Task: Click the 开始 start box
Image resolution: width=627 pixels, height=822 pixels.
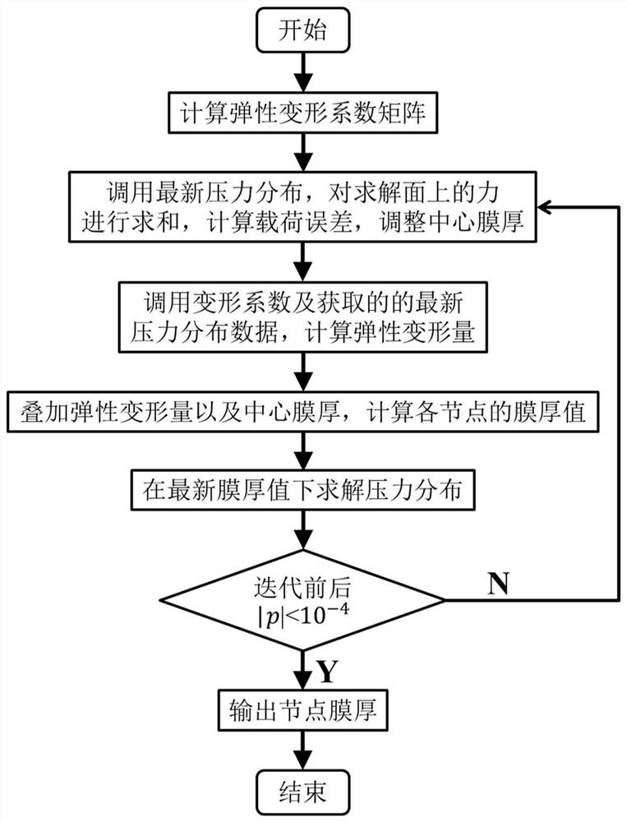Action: point(304,32)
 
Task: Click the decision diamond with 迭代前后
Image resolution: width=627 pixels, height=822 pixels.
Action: point(303,601)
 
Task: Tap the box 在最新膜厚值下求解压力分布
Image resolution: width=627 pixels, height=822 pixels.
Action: point(303,490)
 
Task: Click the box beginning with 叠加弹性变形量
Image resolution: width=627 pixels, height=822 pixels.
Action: point(303,412)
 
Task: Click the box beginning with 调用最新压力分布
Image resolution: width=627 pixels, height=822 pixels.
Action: point(303,206)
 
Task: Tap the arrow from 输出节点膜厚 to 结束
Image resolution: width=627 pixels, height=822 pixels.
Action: point(303,750)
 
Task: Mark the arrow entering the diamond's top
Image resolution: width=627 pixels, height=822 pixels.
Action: point(303,534)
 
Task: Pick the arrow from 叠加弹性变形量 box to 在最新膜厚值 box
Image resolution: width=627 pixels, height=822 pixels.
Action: point(303,451)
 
